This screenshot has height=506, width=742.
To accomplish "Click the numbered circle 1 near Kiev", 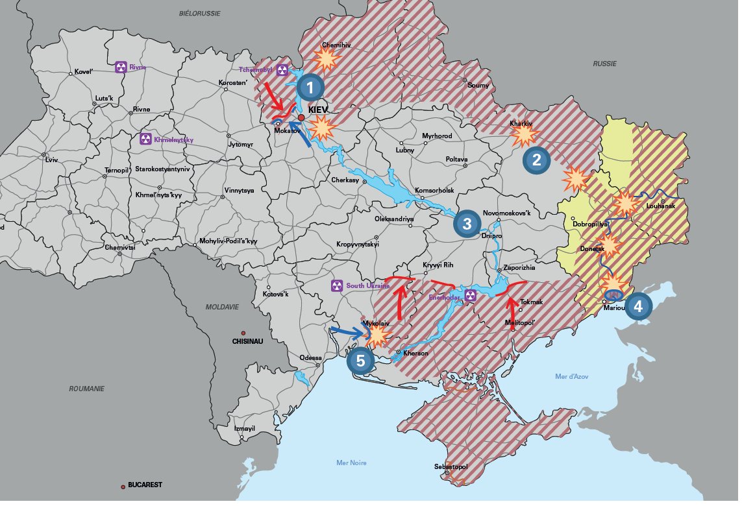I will [x=310, y=87].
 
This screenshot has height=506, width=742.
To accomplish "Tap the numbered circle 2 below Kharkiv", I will [x=536, y=160].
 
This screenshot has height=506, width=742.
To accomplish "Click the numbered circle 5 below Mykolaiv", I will [x=360, y=360].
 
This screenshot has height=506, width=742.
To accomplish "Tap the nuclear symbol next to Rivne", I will [x=121, y=67].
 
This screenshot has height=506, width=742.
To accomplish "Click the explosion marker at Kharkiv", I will [x=524, y=136].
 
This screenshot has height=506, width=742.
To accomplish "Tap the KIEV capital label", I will [x=319, y=110].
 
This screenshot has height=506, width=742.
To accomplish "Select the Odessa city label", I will [x=310, y=358].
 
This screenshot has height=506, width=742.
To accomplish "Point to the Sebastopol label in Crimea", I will [x=451, y=466].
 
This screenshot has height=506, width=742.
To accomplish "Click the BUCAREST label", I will [x=145, y=485].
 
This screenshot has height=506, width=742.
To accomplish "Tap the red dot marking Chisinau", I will [x=243, y=331].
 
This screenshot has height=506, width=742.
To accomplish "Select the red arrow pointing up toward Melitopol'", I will [x=512, y=309].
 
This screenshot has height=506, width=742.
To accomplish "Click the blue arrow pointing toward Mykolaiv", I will [x=346, y=331].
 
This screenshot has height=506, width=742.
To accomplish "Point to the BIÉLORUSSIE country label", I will [x=199, y=13].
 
